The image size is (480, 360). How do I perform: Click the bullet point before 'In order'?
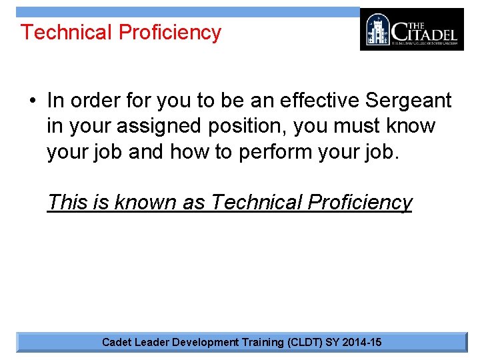click(33, 101)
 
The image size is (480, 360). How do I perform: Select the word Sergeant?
click(409, 101)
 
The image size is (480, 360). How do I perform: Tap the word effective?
click(316, 100)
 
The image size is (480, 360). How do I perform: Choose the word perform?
click(271, 151)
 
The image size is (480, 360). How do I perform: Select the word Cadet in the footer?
click(117, 342)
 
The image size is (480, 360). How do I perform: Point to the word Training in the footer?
click(261, 342)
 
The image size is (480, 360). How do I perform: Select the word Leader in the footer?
click(151, 342)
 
